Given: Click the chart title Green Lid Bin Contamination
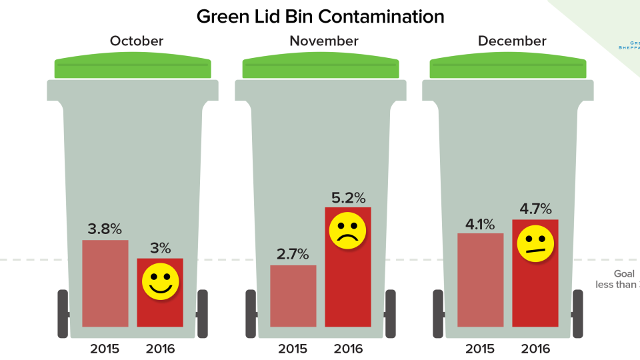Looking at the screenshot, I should [320, 16].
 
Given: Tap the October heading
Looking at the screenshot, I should [136, 41].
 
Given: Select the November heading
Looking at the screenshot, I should [323, 41].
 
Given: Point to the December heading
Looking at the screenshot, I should [511, 41].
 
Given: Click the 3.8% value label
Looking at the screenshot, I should [105, 229].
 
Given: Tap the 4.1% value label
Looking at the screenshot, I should [481, 223].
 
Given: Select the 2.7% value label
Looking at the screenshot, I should [293, 254].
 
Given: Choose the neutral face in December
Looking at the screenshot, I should [535, 244].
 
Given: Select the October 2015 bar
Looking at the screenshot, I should [105, 283].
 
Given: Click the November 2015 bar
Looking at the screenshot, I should [293, 296].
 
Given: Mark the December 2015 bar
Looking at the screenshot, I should [481, 280].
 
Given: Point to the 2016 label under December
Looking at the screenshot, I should [535, 348].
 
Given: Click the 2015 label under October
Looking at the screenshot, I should [105, 348].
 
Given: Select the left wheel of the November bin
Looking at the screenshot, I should [251, 313].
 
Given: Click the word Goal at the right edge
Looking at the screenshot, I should [624, 273].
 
